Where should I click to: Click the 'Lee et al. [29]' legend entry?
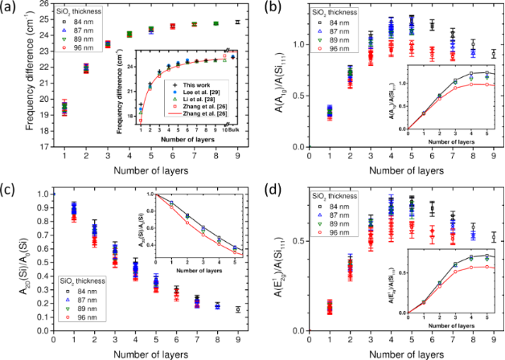192,92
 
